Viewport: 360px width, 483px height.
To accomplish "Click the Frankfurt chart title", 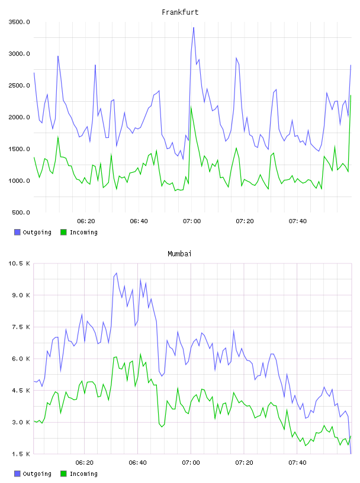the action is pyautogui.click(x=180, y=12).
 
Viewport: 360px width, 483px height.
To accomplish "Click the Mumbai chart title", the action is pyautogui.click(x=179, y=254).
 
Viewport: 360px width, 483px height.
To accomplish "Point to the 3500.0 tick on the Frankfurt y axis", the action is pyautogui.click(x=20, y=22).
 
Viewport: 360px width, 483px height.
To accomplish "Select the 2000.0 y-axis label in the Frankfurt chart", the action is pyautogui.click(x=20, y=117).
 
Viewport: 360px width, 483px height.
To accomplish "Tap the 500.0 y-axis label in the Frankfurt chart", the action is pyautogui.click(x=21, y=212).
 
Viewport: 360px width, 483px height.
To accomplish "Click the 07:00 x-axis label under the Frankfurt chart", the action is pyautogui.click(x=192, y=221).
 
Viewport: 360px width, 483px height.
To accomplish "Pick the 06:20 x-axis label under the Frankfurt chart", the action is pyautogui.click(x=86, y=221).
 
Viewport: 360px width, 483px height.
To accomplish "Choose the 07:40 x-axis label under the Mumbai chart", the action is pyautogui.click(x=297, y=462).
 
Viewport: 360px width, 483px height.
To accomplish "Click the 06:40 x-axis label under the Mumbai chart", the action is pyautogui.click(x=137, y=462).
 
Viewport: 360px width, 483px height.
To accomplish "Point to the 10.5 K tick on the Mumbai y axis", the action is pyautogui.click(x=20, y=263).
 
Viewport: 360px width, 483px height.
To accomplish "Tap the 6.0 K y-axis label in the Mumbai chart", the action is pyautogui.click(x=21, y=359).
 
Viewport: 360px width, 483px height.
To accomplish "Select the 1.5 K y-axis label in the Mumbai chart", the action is pyautogui.click(x=21, y=454).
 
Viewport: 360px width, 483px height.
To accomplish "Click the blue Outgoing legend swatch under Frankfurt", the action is pyautogui.click(x=17, y=232).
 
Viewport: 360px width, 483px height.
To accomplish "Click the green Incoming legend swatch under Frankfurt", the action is pyautogui.click(x=63, y=232).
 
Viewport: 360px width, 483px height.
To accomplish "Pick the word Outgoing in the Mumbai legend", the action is pyautogui.click(x=37, y=474).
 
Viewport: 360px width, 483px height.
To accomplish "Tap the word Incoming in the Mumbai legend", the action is pyautogui.click(x=83, y=474).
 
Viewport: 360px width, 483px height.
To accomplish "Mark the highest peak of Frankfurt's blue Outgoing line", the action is pyautogui.click(x=194, y=28).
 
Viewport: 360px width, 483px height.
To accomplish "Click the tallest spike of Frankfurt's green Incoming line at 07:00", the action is pyautogui.click(x=191, y=108).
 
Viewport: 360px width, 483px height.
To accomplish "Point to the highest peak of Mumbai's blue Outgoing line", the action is pyautogui.click(x=116, y=273).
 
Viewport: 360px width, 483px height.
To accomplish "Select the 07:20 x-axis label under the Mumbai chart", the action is pyautogui.click(x=244, y=462).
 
